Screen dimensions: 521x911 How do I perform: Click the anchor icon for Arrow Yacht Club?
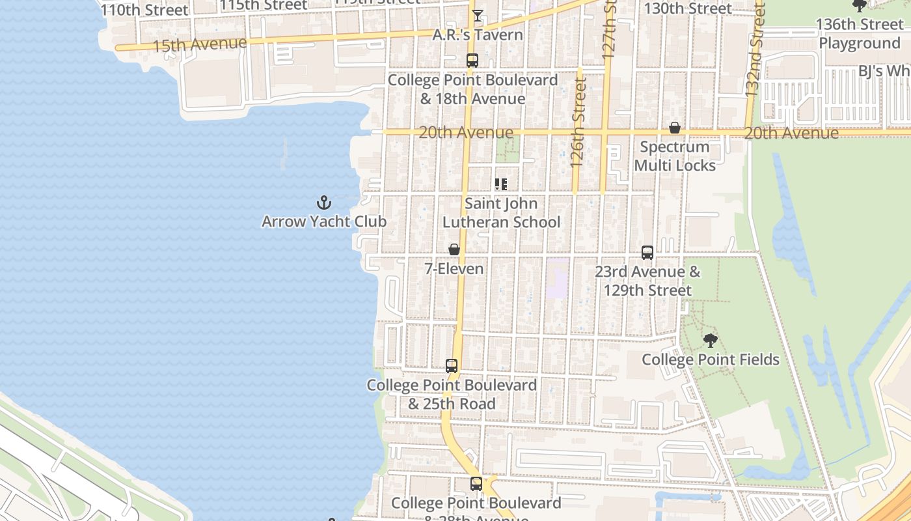click(323, 202)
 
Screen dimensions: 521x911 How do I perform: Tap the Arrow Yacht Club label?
click(324, 221)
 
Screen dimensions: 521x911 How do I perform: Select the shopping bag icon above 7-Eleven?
click(454, 249)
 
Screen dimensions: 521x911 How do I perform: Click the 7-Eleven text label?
click(454, 268)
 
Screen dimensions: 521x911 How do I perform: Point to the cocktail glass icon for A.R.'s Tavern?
click(478, 16)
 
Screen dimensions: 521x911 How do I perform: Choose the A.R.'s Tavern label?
click(478, 35)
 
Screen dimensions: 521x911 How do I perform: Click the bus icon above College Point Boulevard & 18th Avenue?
click(472, 61)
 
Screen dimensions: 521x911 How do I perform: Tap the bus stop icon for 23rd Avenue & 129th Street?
click(647, 253)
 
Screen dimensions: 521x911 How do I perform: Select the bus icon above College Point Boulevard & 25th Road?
click(452, 366)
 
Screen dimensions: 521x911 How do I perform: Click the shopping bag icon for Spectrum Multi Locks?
click(675, 128)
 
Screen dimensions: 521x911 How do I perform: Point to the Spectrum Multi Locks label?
click(675, 156)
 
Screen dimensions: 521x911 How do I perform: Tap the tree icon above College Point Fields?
click(711, 340)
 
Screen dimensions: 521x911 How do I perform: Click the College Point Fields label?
click(711, 359)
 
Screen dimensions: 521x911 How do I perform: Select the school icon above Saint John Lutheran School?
click(501, 184)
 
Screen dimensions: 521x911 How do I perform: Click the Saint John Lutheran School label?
click(501, 213)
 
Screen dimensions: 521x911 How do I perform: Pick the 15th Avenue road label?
click(199, 45)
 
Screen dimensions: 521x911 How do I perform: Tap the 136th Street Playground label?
click(860, 34)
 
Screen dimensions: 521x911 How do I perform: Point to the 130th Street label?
click(688, 8)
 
